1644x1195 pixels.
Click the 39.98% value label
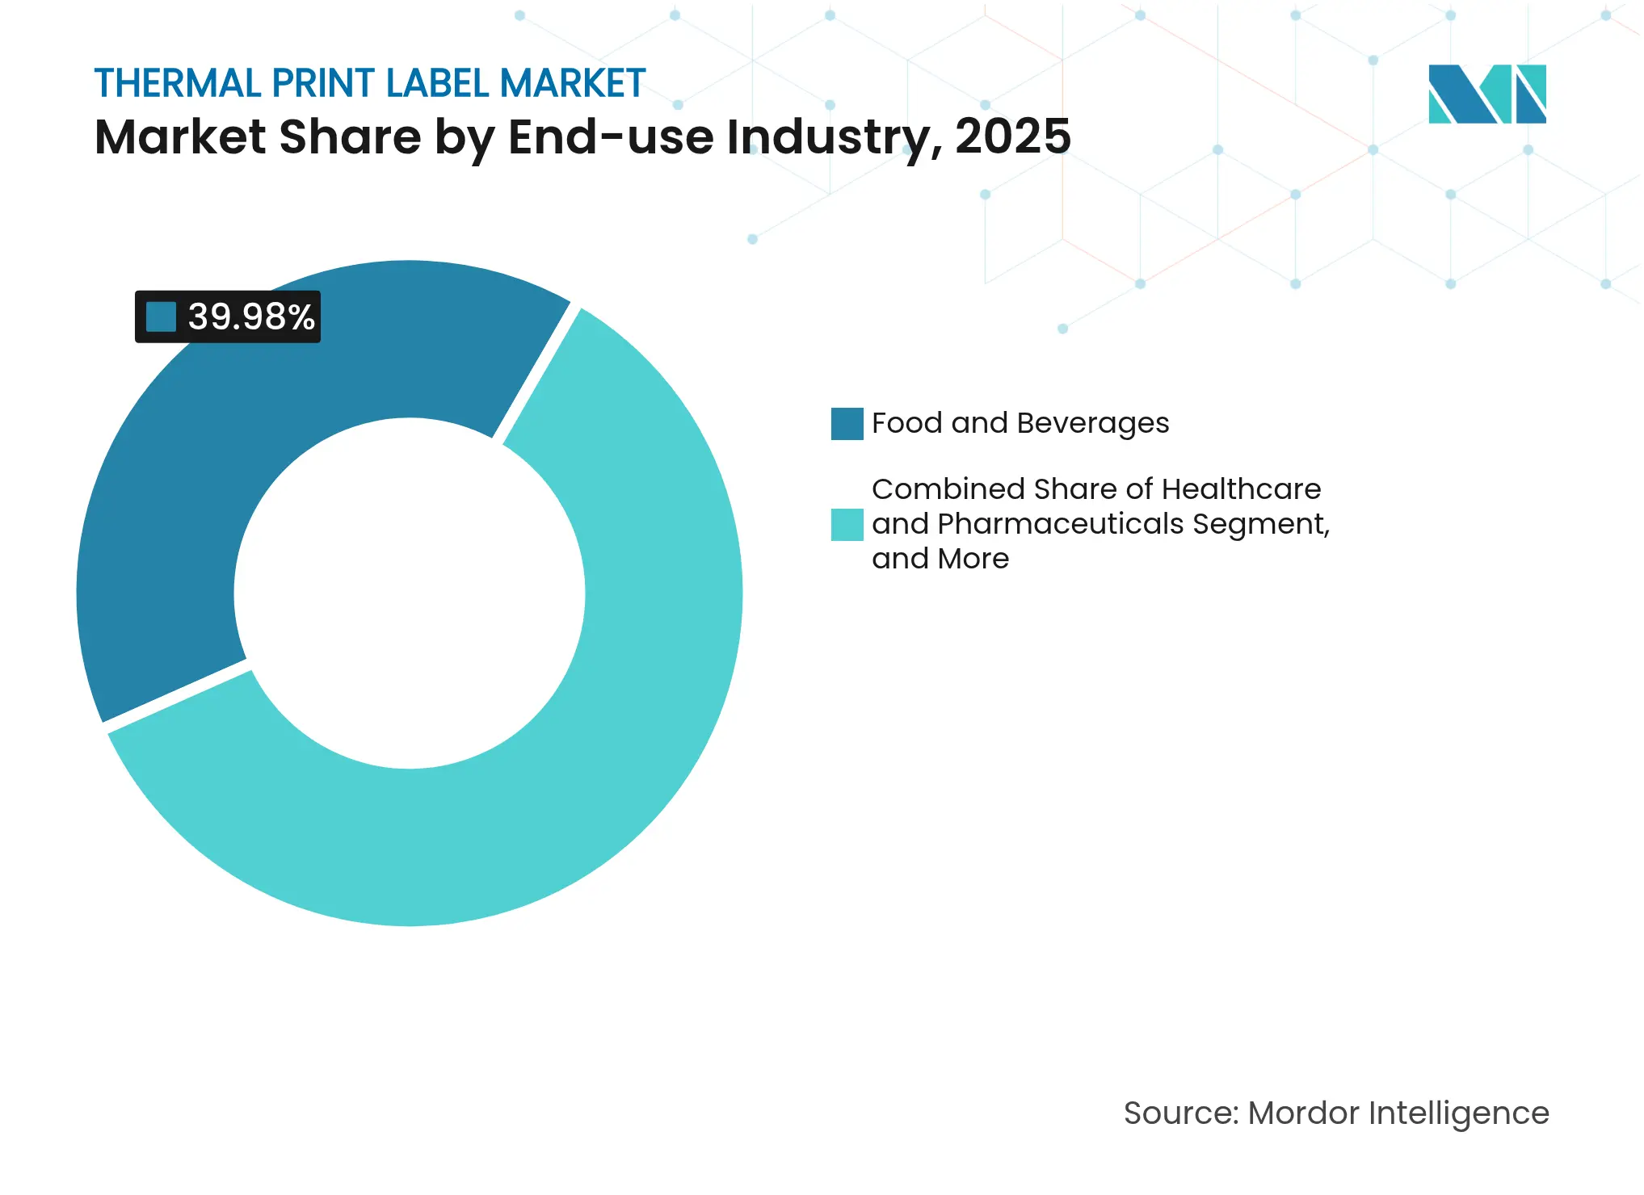pos(250,317)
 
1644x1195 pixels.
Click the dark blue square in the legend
pos(847,424)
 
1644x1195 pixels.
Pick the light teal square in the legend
pos(847,525)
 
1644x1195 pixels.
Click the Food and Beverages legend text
pos(1020,423)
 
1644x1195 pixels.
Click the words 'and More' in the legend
pos(940,559)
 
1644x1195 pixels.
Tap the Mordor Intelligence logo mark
pos(1486,94)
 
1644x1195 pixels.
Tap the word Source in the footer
pos(1180,1113)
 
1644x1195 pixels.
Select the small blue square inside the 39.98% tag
pos(161,317)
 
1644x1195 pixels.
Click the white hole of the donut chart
pos(410,593)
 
